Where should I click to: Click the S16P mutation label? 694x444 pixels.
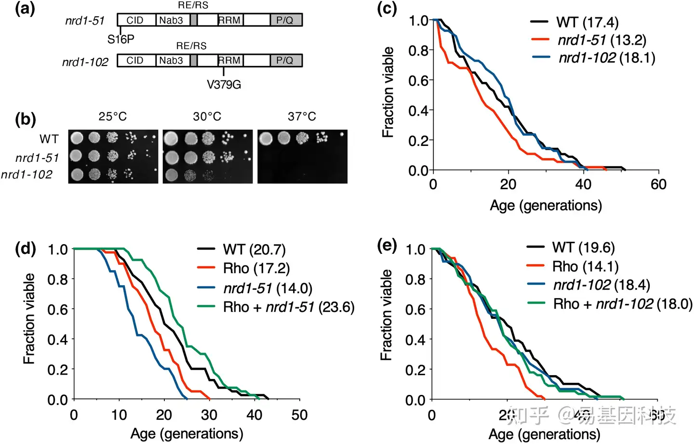coord(120,39)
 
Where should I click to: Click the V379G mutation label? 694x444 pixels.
coord(224,85)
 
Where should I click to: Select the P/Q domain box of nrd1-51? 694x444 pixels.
coord(286,20)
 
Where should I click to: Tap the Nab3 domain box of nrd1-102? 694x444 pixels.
coord(171,61)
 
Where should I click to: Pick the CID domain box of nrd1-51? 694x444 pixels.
coord(135,20)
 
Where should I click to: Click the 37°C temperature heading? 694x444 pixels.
coord(302,117)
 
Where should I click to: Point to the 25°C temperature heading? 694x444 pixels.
coord(112,117)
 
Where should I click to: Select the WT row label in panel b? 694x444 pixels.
coord(49,139)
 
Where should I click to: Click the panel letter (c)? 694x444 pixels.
coord(387,8)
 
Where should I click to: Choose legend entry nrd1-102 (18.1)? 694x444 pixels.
coord(606,58)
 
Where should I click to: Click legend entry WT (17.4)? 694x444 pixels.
coord(587,22)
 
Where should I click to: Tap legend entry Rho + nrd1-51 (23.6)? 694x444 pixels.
coord(288,307)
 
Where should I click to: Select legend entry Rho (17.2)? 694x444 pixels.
coord(256,268)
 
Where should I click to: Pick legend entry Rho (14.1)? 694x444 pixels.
coord(585,266)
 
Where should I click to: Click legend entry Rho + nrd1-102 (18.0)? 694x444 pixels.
coord(622,304)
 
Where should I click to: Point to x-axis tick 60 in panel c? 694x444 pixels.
coord(658,184)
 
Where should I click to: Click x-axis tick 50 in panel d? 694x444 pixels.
coord(299,415)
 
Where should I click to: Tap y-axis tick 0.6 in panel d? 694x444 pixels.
coord(57,309)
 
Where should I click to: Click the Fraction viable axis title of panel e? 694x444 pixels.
coord(386,315)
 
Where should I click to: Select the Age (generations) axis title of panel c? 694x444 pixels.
coord(546,206)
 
